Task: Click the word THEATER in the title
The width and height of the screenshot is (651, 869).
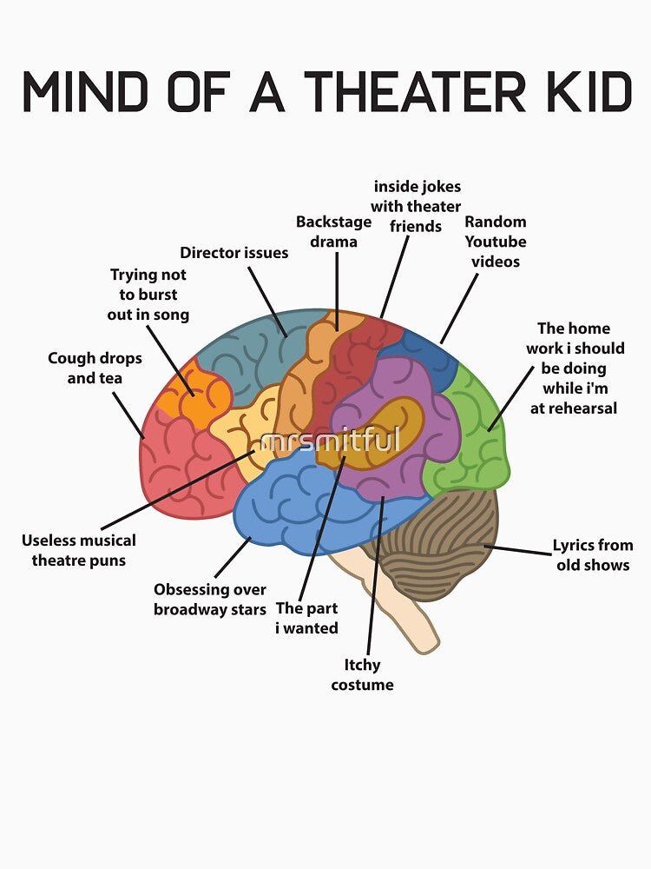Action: [415, 91]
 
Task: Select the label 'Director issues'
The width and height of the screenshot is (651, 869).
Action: [234, 253]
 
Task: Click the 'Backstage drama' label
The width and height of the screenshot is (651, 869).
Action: [334, 232]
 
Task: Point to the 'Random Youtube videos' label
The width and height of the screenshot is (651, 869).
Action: [496, 242]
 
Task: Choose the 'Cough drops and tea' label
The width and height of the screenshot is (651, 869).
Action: [95, 368]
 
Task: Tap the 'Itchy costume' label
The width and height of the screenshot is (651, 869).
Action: [362, 674]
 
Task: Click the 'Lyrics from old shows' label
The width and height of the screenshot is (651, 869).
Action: [593, 554]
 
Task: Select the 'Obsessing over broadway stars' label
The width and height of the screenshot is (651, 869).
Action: [210, 599]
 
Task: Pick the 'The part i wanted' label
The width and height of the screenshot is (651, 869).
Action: [306, 618]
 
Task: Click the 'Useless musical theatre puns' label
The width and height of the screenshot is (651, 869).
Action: [79, 550]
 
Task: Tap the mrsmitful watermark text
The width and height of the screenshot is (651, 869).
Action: [330, 440]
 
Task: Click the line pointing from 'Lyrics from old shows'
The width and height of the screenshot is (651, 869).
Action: [518, 550]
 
